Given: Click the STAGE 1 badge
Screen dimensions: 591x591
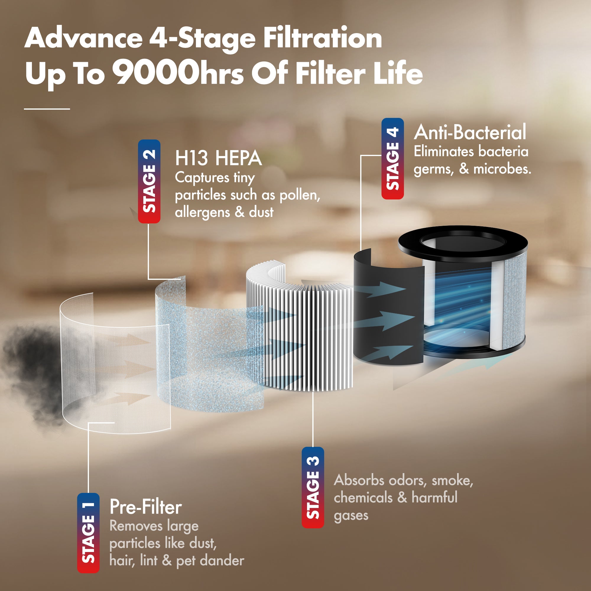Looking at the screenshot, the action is (x=88, y=533).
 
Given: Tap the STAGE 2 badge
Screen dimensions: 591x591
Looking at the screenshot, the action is (x=149, y=181).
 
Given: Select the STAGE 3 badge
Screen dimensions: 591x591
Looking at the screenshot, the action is (x=313, y=487).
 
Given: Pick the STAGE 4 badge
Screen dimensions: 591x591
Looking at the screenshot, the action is (x=393, y=159).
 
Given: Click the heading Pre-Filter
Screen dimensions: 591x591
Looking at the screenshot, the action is (x=146, y=507).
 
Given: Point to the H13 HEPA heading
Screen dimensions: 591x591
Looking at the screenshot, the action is (x=218, y=158).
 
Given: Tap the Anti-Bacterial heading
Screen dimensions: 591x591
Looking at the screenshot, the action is (x=470, y=132).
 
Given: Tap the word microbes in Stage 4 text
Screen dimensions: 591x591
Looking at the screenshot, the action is (x=502, y=169).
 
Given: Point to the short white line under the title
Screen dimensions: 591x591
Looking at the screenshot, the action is (x=47, y=108).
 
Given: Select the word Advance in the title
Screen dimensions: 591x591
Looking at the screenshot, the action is (x=84, y=38).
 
